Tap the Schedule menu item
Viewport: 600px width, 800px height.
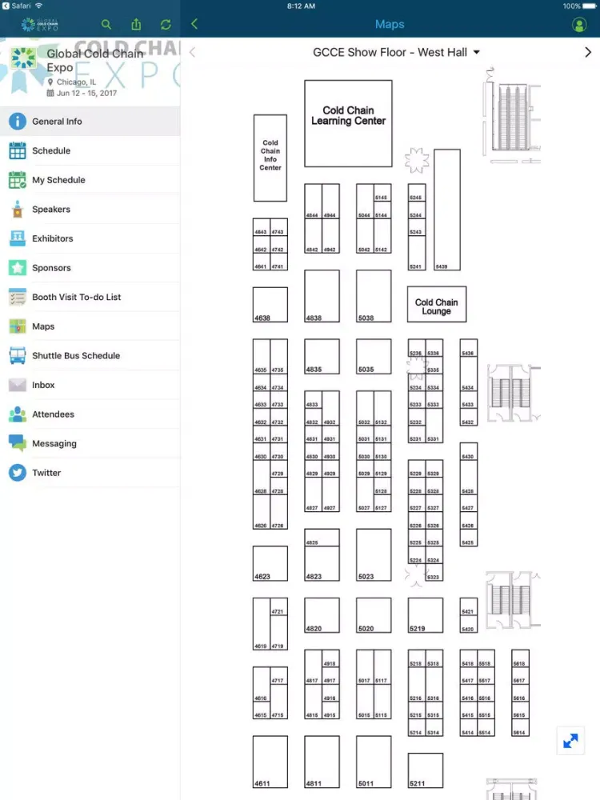point(51,150)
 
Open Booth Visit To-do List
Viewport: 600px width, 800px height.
point(76,297)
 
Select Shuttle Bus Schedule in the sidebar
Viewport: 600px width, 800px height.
point(75,355)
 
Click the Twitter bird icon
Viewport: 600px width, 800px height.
point(18,473)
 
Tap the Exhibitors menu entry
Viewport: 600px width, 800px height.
point(52,238)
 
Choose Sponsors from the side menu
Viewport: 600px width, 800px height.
point(51,268)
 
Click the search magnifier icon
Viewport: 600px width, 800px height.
point(106,25)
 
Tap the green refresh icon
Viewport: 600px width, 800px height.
point(166,25)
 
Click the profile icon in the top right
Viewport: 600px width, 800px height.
point(579,25)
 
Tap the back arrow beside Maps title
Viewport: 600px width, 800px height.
point(194,24)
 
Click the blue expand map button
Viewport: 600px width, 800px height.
point(570,741)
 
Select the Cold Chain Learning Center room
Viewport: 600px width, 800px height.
point(348,123)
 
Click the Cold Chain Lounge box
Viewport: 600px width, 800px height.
point(436,304)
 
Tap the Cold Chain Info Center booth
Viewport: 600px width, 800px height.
point(270,158)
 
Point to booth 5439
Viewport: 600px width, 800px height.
point(447,210)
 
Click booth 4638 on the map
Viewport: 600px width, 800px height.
point(270,305)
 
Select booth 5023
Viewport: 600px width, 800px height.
point(374,554)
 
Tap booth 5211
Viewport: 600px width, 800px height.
point(425,770)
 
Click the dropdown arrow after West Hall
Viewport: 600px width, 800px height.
point(477,52)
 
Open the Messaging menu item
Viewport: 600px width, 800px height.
point(54,443)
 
